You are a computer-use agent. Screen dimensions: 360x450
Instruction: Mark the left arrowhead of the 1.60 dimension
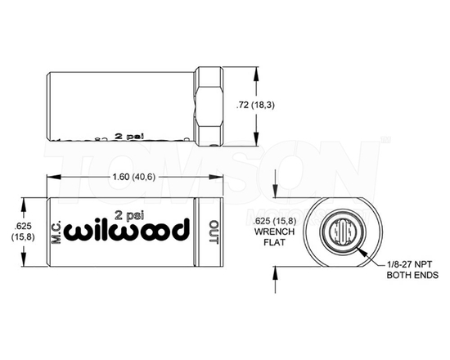point(51,176)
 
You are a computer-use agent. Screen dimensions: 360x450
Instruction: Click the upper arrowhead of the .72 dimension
point(258,73)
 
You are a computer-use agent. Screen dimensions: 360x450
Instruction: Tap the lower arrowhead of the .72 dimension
point(258,138)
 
